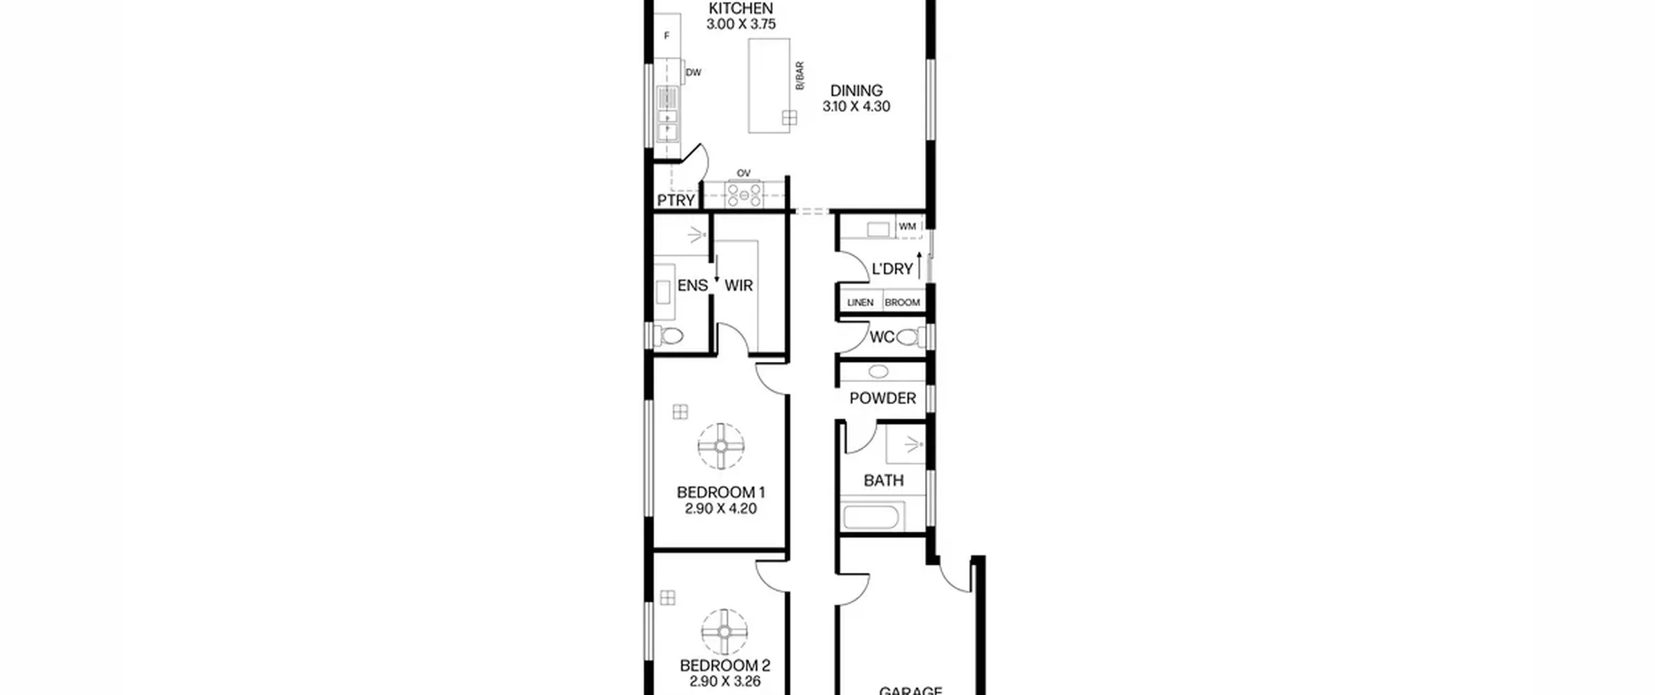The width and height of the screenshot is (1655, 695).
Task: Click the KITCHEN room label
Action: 741,8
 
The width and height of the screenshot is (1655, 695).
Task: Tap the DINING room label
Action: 857,91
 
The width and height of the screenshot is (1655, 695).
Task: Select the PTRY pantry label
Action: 676,200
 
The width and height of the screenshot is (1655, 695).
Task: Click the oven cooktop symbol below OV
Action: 744,195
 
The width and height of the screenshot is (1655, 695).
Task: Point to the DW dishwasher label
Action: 693,72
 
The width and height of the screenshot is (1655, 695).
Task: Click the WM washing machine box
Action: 908,227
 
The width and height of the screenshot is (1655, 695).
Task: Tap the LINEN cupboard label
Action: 860,303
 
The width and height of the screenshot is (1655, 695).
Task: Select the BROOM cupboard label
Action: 902,303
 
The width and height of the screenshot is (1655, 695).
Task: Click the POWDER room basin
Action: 878,372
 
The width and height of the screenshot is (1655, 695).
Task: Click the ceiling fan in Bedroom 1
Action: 721,446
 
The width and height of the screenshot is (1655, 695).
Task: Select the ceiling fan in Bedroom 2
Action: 725,632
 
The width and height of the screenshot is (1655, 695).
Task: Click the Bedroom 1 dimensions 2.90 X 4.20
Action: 721,509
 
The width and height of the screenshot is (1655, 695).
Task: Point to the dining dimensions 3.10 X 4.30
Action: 857,107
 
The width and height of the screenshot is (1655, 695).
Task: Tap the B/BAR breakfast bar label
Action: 800,76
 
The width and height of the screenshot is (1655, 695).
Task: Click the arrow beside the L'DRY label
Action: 919,264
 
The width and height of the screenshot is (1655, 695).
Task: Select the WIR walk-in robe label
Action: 739,285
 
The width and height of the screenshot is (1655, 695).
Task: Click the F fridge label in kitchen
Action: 667,36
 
